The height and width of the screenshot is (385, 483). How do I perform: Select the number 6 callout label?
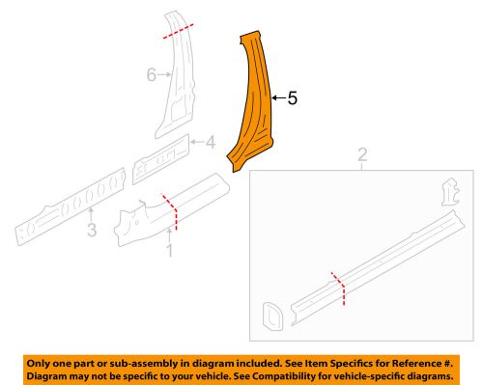click(x=151, y=75)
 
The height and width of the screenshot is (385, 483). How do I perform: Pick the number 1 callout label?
click(x=170, y=252)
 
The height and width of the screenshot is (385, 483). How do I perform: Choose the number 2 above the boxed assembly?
click(x=362, y=154)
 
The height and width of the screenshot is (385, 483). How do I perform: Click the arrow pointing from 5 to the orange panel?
click(x=279, y=97)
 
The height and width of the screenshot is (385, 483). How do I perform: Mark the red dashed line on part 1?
click(x=170, y=210)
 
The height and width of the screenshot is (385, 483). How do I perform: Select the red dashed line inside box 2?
click(x=338, y=287)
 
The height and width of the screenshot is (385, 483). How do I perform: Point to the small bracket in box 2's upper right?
click(x=447, y=192)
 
